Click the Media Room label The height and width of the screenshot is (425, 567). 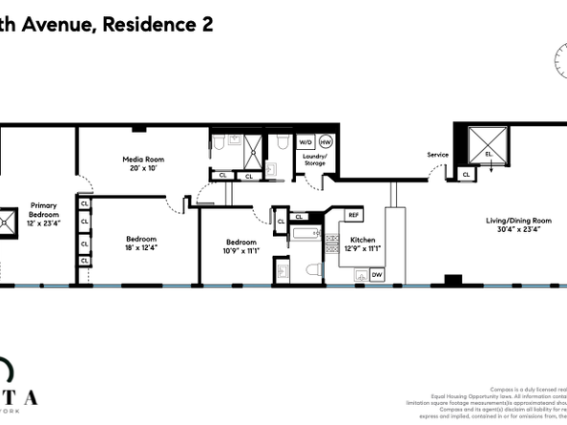click(139, 159)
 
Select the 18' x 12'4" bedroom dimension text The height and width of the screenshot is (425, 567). click(142, 248)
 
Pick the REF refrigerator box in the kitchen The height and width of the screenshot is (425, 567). click(352, 215)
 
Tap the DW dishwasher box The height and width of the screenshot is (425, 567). click(377, 275)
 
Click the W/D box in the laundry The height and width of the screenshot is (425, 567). click(305, 141)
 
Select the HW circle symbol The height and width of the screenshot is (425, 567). click(325, 141)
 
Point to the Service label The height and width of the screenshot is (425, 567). click(437, 155)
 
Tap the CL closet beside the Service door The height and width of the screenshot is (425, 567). click(466, 175)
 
